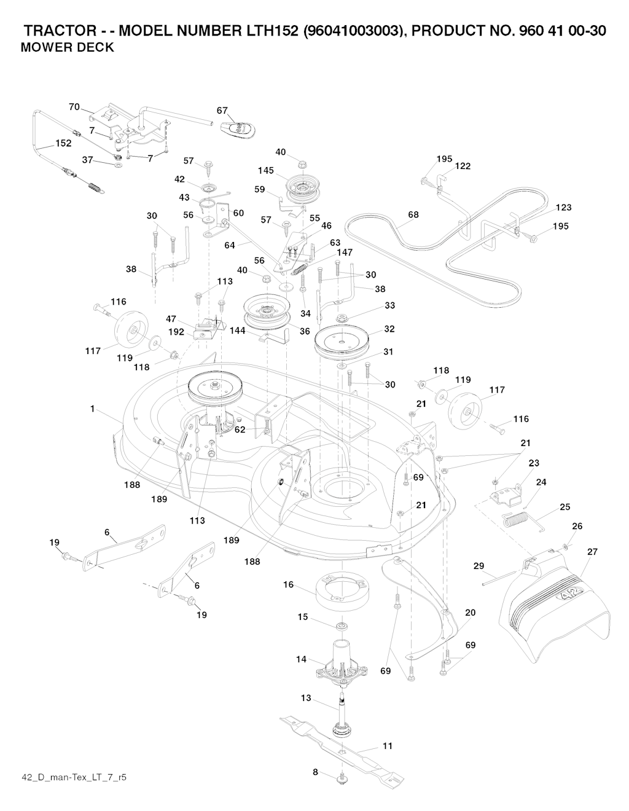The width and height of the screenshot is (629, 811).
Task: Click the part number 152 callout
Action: (x=63, y=143)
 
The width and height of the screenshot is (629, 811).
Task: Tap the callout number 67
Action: (x=222, y=111)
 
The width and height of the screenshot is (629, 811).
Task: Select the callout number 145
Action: (x=265, y=171)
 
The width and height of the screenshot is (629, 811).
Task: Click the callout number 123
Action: (x=563, y=208)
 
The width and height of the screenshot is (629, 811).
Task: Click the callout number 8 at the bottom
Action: (x=315, y=772)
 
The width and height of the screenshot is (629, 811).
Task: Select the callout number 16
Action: (x=288, y=585)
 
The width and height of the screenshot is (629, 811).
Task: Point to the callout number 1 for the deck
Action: (x=92, y=409)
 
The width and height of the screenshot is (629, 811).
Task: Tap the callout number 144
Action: (x=238, y=331)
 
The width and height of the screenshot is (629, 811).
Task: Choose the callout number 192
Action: (x=176, y=332)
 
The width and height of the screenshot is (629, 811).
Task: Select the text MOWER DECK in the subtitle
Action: (x=67, y=48)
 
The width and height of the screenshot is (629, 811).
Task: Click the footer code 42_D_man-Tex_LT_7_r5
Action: (x=74, y=777)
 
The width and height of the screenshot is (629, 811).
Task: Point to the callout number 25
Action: (x=565, y=507)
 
